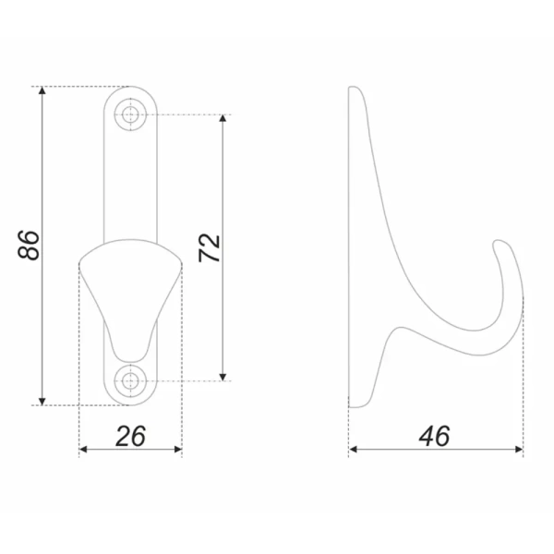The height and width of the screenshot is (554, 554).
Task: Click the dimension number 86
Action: pos(29,246)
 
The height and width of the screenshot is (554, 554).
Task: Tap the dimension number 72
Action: pos(210,247)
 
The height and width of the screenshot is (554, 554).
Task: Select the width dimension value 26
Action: pos(130,436)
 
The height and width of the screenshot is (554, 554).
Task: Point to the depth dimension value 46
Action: pos(434,436)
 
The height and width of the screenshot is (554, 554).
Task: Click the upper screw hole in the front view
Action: pos(130,114)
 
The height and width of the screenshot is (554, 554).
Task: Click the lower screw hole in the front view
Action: pos(130,380)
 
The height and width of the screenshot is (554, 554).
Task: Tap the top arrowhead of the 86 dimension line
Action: pos(42,90)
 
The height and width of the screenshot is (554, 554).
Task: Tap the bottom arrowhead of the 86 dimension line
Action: pos(42,401)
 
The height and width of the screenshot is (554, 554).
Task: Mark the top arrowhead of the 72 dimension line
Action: pos(223,119)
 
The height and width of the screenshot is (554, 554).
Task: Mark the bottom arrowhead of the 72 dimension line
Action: pos(223,377)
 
